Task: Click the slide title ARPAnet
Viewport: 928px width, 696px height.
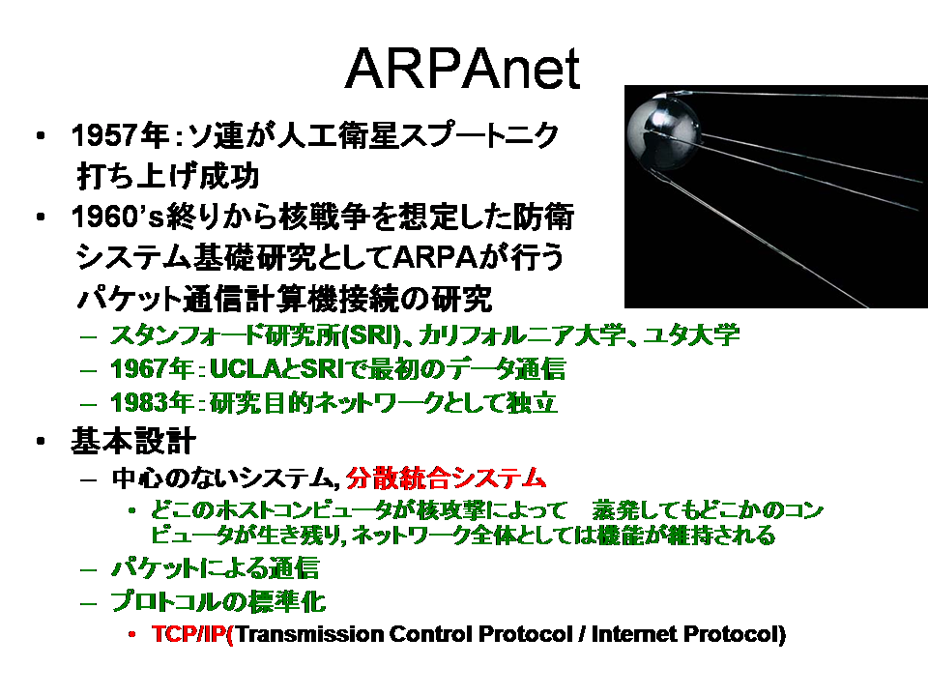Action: (x=462, y=69)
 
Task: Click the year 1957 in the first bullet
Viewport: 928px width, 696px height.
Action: (x=104, y=135)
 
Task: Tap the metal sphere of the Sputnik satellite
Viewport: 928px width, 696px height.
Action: (x=662, y=129)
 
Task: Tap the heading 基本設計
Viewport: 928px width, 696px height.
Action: (x=133, y=442)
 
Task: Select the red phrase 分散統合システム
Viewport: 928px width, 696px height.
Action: (x=446, y=478)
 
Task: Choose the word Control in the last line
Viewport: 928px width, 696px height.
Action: (x=431, y=634)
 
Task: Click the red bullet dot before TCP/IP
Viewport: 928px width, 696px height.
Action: (x=132, y=634)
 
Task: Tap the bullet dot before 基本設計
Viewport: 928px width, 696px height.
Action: (x=41, y=442)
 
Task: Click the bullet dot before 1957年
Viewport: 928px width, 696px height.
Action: (x=41, y=136)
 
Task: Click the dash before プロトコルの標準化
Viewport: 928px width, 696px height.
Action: (x=88, y=603)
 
